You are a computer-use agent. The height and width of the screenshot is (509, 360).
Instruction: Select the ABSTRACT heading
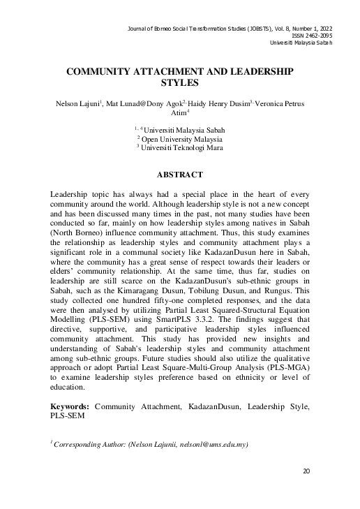179,174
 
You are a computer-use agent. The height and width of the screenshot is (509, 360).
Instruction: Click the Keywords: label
70,406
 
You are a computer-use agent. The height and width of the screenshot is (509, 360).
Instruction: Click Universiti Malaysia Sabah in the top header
301,43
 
